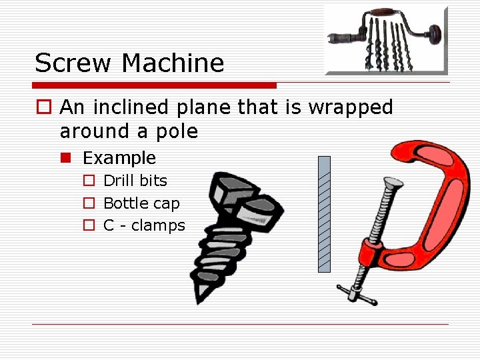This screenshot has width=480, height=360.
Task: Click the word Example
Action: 119,158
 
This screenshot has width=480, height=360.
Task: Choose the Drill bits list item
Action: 135,181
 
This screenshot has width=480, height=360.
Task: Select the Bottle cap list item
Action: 141,203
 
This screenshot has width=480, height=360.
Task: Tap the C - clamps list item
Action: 144,225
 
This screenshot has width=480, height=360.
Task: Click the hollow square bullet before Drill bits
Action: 89,181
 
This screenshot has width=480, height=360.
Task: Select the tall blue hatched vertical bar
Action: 324,214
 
